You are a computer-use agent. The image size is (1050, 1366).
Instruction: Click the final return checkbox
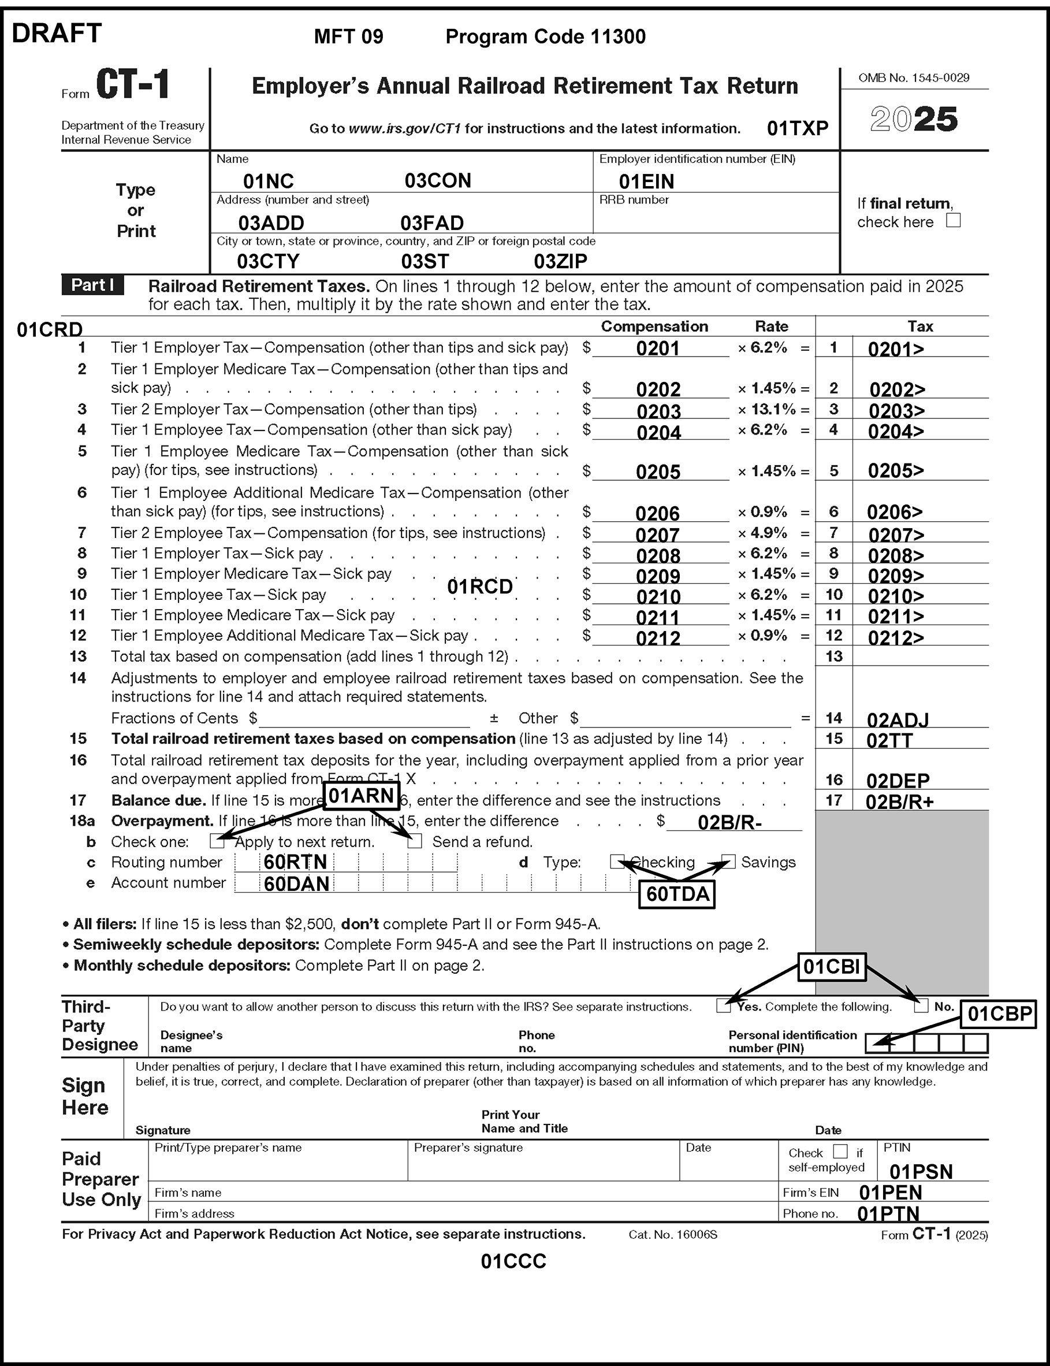point(952,220)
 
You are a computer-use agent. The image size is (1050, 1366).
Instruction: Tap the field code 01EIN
point(646,181)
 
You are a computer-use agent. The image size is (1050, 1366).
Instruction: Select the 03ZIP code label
point(560,261)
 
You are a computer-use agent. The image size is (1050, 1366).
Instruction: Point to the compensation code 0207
point(657,535)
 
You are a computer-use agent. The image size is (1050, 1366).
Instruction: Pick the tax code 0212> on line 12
point(896,638)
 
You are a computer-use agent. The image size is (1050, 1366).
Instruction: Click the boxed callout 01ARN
point(361,795)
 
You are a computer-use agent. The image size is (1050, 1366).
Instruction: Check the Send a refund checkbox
point(414,841)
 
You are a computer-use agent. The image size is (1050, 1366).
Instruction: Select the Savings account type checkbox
point(728,862)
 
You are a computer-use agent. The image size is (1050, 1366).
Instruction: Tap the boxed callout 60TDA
point(677,894)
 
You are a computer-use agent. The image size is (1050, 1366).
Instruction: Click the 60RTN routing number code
point(295,862)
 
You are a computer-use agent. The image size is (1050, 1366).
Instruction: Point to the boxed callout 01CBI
point(831,967)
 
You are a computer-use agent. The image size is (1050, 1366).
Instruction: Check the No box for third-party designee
point(921,1006)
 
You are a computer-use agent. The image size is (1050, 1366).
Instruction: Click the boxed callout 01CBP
point(999,1014)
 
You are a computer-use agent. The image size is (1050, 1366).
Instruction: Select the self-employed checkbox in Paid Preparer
point(840,1151)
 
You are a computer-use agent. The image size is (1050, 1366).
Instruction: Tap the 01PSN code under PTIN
point(921,1171)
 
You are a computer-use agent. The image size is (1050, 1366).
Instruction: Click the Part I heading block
point(92,285)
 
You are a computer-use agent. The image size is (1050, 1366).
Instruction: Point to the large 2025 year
point(913,119)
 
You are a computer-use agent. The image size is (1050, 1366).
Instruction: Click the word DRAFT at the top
point(57,33)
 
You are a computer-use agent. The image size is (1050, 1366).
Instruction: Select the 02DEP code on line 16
point(898,780)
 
